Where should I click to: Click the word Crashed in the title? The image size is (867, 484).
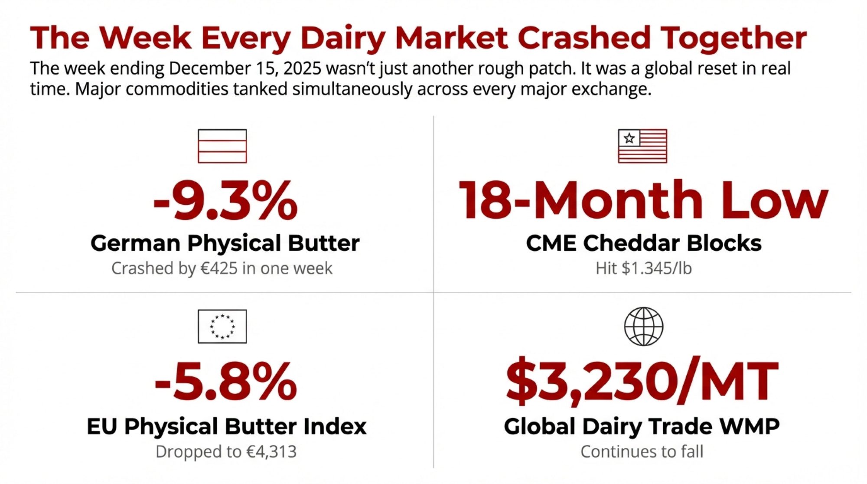coord(584,38)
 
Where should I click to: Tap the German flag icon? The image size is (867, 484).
coord(222,146)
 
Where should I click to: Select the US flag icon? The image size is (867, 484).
coord(642,146)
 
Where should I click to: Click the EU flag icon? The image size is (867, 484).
coord(222,327)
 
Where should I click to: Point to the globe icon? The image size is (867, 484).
coord(644,327)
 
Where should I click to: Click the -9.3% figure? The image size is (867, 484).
coord(225,200)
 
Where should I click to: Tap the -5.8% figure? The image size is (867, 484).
coord(225,382)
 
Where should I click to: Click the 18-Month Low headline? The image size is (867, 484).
coord(643,200)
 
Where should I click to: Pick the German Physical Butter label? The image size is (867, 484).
coord(225,243)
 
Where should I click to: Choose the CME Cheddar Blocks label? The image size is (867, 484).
coord(644,243)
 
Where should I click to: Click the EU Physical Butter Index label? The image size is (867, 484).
coord(227,426)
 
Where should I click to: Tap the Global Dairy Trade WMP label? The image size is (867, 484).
coord(642,426)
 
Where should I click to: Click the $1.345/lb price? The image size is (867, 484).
coord(657,268)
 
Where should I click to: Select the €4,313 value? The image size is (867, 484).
coord(272,451)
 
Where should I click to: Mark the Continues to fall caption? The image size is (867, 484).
coord(642,451)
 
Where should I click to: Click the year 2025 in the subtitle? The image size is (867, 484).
coord(300,69)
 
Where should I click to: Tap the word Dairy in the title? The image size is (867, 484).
coord(342,39)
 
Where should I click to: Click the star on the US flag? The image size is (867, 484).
coord(629,138)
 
